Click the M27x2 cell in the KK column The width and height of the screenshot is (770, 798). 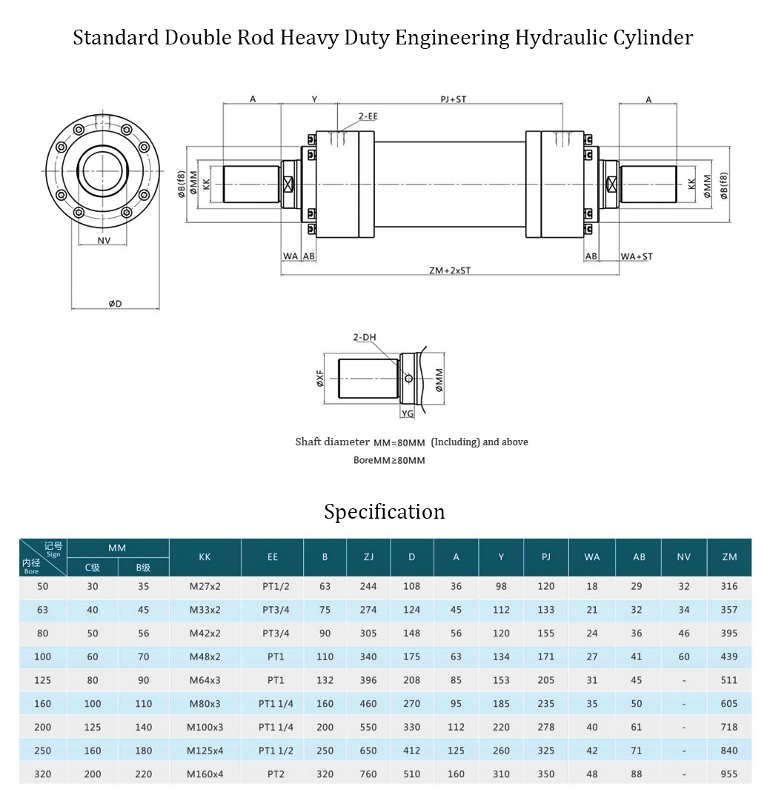(205, 586)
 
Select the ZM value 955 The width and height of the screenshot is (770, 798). (729, 774)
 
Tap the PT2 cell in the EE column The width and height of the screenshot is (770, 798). (272, 774)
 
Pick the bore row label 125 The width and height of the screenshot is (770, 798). (43, 680)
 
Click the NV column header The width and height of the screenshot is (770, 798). (683, 557)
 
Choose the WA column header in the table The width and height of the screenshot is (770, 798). (592, 557)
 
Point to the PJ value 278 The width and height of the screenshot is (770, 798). (546, 728)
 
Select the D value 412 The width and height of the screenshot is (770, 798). (412, 751)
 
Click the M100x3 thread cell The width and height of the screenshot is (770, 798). (205, 728)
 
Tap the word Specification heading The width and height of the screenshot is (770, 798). (385, 512)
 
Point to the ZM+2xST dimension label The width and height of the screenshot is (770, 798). (449, 270)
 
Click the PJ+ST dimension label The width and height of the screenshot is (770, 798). (453, 99)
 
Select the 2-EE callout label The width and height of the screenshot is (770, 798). (368, 116)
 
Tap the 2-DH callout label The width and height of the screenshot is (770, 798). (364, 337)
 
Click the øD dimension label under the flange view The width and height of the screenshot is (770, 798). (115, 304)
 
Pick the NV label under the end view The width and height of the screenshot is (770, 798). (104, 241)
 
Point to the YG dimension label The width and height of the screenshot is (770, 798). (408, 413)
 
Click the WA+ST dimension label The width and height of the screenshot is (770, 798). (637, 256)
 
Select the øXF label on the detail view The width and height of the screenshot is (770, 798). (319, 379)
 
